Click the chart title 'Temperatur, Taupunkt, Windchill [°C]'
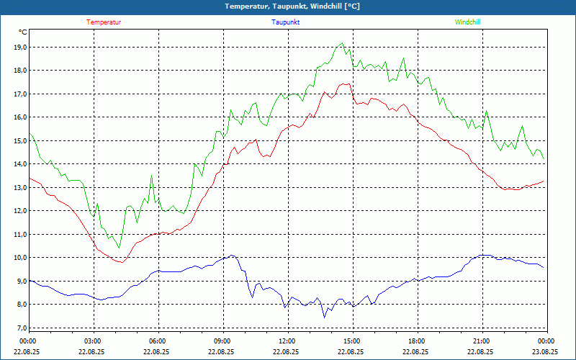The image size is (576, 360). (288, 6)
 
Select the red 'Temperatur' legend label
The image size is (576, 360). (104, 22)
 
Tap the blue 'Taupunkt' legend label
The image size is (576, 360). (286, 22)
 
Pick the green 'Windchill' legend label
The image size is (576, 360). (467, 22)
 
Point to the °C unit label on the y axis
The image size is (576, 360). (23, 32)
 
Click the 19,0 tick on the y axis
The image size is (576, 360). (20, 48)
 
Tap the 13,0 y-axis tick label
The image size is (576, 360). (20, 188)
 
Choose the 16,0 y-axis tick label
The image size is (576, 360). (20, 117)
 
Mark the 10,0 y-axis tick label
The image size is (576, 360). (20, 258)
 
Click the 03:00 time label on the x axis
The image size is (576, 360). (93, 341)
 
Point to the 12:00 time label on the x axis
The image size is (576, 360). (287, 341)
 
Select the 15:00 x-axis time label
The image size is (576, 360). (352, 341)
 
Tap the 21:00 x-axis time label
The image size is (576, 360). (482, 341)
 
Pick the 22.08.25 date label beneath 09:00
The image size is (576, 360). (222, 352)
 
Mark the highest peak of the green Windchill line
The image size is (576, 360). (343, 43)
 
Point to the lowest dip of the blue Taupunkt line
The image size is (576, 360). (324, 318)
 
